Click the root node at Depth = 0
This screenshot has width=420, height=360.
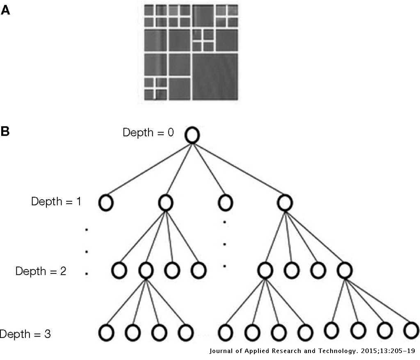tap(192, 135)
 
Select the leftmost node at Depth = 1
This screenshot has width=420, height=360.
tap(106, 203)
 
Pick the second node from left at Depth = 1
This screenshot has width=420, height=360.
tap(166, 202)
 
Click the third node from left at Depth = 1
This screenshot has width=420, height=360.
tap(225, 202)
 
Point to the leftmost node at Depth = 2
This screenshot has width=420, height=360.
tap(119, 270)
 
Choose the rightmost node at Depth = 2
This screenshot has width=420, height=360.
tap(344, 270)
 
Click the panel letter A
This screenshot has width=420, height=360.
tap(5, 10)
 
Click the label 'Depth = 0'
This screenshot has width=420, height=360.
tap(148, 132)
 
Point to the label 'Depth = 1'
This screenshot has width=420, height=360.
tap(56, 201)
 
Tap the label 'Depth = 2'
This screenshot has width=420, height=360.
tap(41, 271)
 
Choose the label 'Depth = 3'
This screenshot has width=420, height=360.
tap(25, 334)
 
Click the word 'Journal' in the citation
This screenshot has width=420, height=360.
tap(222, 351)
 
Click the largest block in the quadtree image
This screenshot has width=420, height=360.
tap(215, 76)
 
